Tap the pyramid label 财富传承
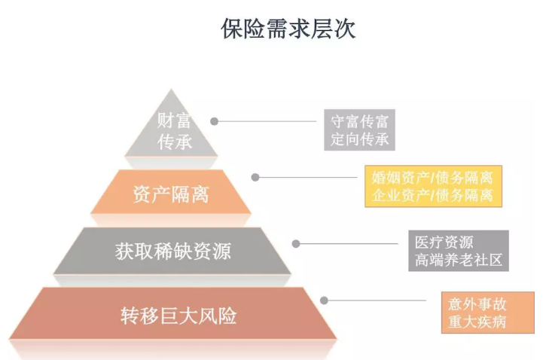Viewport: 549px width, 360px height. pos(174,130)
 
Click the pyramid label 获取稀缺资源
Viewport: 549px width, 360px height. pos(172,251)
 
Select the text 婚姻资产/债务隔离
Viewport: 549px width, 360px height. pos(432,178)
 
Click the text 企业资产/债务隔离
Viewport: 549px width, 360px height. pos(432,196)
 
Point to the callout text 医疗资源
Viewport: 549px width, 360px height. pos(444,243)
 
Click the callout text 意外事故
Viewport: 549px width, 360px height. pos(477,304)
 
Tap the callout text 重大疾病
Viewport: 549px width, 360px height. pos(477,322)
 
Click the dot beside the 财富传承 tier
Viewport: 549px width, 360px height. pos(215,121)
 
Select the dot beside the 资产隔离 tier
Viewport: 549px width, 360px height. pos(255,178)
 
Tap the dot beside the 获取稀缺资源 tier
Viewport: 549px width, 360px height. pos(296,243)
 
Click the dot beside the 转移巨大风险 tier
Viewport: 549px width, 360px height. pos(324,300)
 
